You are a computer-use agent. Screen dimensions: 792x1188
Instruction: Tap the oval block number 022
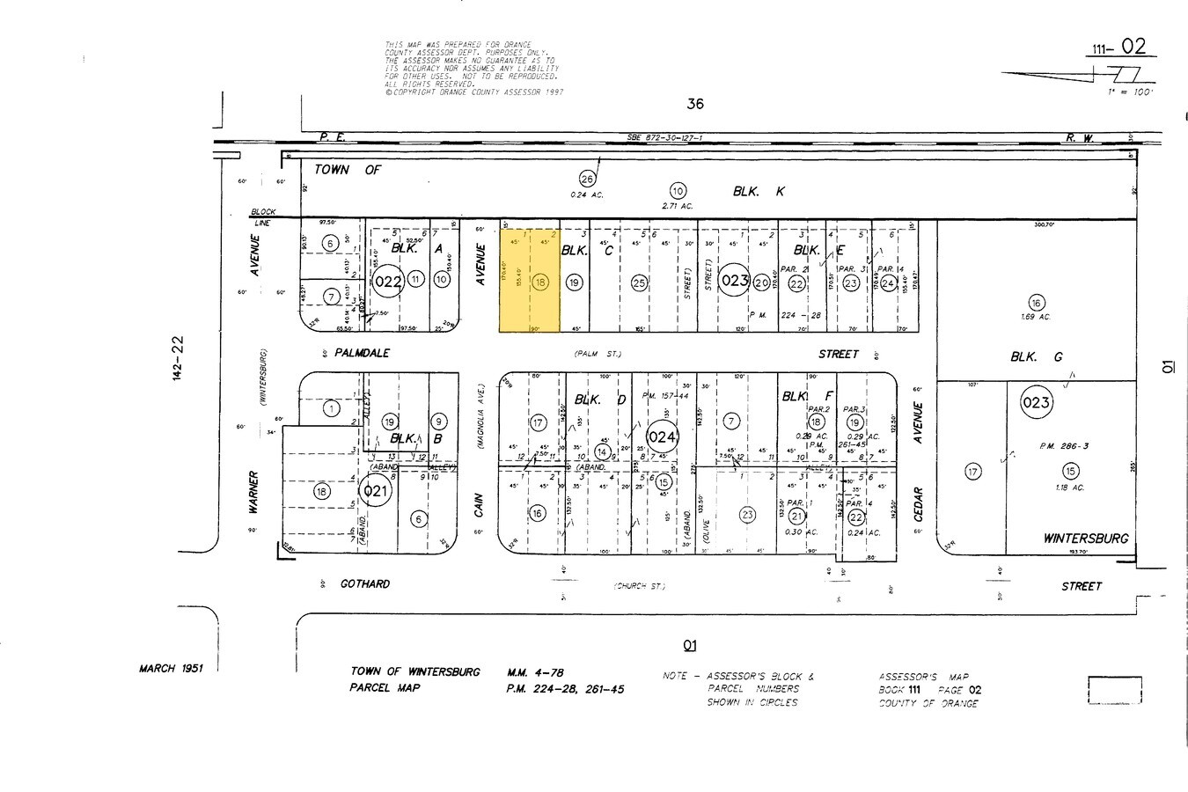(388, 282)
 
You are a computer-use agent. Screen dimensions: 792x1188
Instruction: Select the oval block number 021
(376, 491)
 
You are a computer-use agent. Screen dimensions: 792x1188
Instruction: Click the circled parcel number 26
(587, 180)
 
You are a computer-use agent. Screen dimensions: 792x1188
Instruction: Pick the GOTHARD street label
(364, 584)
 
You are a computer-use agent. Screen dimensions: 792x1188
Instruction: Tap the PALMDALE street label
(362, 353)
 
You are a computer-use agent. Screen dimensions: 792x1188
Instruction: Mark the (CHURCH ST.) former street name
(640, 586)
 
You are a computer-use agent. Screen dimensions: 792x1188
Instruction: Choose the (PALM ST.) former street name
(598, 354)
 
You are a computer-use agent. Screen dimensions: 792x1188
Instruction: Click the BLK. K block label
(758, 191)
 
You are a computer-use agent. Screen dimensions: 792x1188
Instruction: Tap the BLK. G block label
(1036, 356)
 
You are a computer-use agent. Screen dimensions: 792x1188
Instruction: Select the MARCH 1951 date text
(171, 668)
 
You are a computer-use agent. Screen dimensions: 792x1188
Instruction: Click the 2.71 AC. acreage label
(677, 206)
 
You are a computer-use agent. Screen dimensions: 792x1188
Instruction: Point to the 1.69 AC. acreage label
(1037, 317)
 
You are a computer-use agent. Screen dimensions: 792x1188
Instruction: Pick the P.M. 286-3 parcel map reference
(1063, 446)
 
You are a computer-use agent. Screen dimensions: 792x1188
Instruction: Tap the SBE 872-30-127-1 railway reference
(664, 138)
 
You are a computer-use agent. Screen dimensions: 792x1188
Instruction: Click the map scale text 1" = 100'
(1130, 92)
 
